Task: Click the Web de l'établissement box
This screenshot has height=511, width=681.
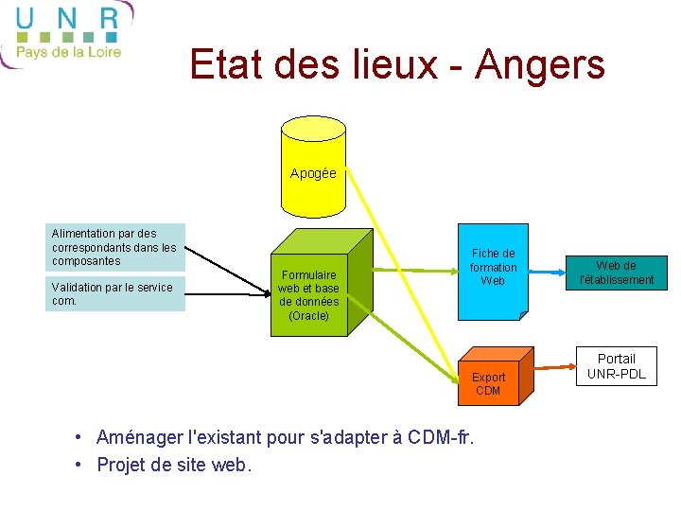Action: (x=617, y=273)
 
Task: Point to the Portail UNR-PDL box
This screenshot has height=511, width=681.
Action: (x=617, y=366)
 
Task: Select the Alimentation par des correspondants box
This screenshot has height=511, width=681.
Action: (x=114, y=247)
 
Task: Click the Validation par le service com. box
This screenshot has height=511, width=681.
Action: (x=114, y=294)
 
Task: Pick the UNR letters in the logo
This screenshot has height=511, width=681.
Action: (x=67, y=19)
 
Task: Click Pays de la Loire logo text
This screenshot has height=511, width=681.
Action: (x=69, y=52)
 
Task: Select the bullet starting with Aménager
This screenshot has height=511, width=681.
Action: (x=284, y=437)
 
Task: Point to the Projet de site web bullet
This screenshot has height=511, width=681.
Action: (x=175, y=465)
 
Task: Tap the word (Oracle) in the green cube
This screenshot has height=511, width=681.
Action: (x=308, y=316)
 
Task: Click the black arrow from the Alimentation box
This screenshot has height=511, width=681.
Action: (x=227, y=262)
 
